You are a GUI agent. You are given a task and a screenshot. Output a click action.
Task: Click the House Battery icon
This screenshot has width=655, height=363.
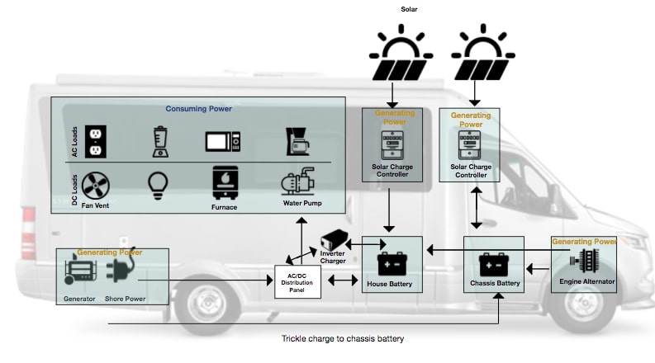point(392,263)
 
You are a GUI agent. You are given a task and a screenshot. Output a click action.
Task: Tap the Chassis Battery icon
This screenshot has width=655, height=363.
point(493,263)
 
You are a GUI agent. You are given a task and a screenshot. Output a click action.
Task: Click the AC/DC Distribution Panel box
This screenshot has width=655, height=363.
point(297,281)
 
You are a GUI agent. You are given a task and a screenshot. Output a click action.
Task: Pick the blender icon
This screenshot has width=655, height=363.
point(160,141)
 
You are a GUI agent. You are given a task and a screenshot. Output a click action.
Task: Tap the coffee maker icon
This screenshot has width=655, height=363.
point(297,142)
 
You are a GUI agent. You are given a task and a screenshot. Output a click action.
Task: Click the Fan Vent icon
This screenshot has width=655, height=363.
point(97,186)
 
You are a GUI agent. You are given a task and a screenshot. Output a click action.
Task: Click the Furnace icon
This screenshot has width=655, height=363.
point(224,184)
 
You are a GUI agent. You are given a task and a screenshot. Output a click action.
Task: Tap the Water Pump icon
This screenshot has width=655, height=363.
point(301,183)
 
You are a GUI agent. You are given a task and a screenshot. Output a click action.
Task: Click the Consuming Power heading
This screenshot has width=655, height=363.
point(198,109)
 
